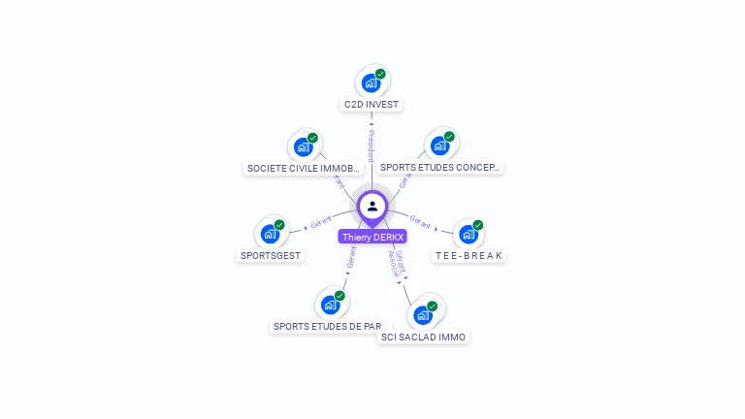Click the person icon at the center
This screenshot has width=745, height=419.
tap(372, 206)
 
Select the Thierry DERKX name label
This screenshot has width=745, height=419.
tap(372, 237)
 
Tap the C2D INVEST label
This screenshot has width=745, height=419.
tap(372, 104)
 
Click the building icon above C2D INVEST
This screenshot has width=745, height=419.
tap(371, 83)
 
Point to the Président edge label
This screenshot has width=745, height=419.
tap(371, 145)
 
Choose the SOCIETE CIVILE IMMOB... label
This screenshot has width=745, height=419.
tap(304, 168)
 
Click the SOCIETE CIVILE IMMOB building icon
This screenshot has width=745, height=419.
tap(303, 147)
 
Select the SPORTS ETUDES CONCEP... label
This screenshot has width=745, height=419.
tap(440, 167)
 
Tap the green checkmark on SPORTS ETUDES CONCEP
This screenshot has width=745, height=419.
tap(449, 137)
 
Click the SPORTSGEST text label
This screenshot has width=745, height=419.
tap(271, 255)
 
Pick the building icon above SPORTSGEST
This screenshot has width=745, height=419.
tap(269, 235)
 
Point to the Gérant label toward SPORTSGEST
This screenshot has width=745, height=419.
tap(321, 221)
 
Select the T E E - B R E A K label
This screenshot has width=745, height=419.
tap(470, 255)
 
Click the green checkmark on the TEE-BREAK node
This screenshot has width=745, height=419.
tap(477, 225)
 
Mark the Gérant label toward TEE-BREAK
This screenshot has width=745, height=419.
tap(420, 221)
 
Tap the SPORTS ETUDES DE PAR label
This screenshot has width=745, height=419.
tap(327, 326)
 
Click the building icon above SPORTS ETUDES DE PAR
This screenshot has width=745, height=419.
tap(330, 305)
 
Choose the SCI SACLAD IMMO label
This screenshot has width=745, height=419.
tap(423, 337)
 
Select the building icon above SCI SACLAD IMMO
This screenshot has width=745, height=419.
tap(422, 315)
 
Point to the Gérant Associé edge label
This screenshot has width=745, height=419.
tap(397, 263)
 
